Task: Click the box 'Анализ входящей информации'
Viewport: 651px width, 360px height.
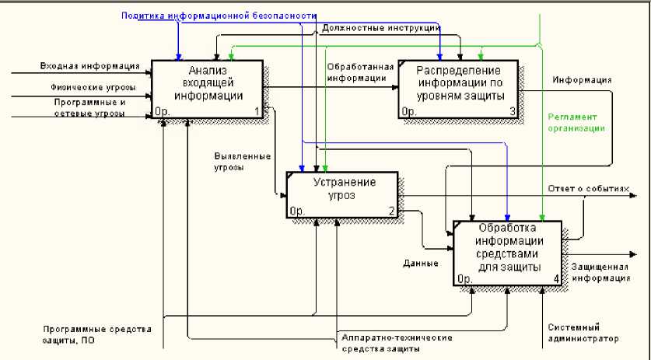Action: point(209,86)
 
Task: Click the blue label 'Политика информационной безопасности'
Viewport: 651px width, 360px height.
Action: point(219,16)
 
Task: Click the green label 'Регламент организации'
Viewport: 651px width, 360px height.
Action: point(576,121)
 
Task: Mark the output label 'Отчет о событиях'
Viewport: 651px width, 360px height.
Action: point(588,188)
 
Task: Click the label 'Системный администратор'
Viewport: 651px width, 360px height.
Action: point(584,333)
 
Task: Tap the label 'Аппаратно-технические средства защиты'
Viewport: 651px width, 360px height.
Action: point(387,344)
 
